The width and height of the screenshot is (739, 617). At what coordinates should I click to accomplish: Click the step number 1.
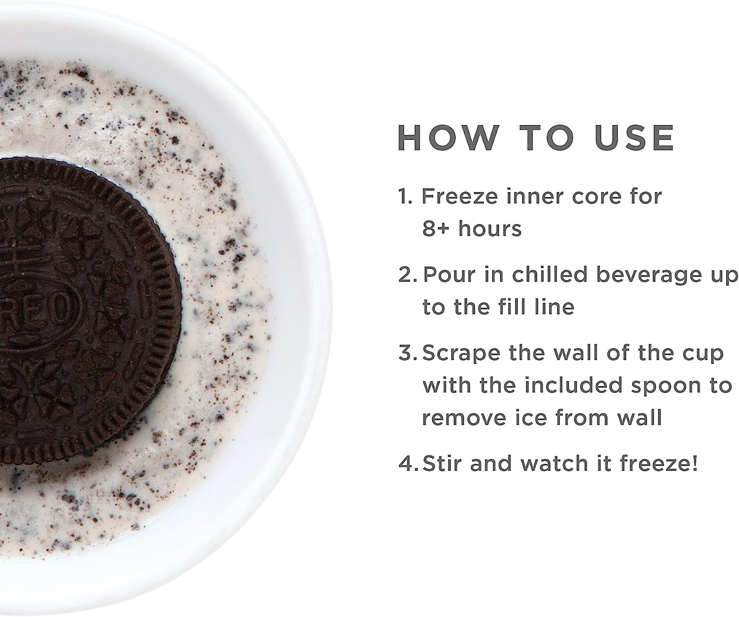click(x=405, y=196)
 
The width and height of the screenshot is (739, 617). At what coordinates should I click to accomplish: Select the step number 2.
click(x=407, y=275)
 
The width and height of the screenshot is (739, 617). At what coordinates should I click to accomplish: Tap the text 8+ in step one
click(x=436, y=228)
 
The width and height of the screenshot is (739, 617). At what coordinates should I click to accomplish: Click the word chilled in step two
click(x=550, y=274)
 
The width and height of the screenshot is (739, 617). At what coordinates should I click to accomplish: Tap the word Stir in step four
click(x=442, y=463)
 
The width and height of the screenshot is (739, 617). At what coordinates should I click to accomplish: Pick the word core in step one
click(x=597, y=196)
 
